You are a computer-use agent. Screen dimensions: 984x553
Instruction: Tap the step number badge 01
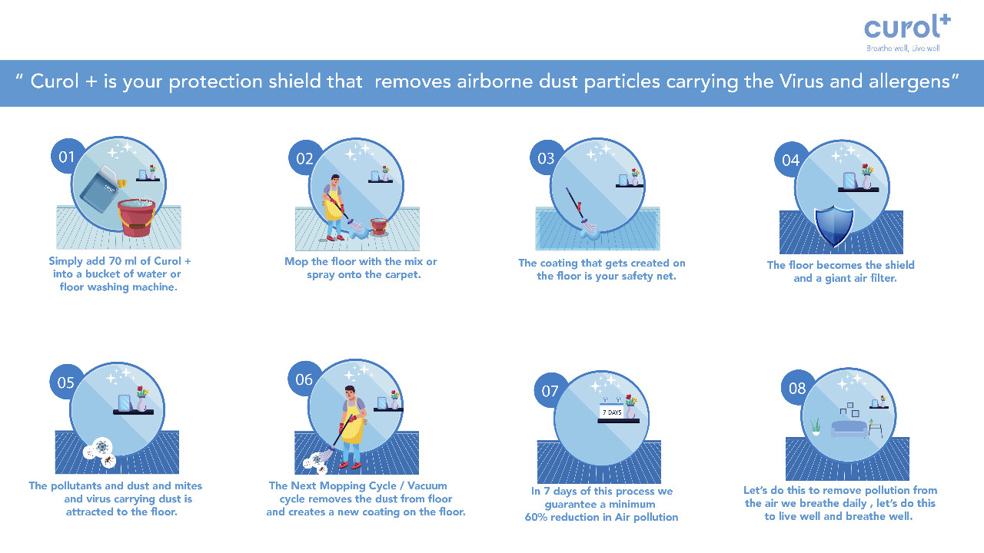[66, 156]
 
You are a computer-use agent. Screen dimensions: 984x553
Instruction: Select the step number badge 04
[790, 160]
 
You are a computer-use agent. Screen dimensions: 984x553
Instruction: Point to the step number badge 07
[550, 391]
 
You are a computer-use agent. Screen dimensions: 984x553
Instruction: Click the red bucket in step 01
[136, 217]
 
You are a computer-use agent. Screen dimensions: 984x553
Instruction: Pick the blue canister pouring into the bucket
[101, 188]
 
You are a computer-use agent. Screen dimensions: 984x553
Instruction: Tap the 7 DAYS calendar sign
[611, 411]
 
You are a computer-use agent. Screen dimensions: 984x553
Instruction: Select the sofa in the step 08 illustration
[849, 429]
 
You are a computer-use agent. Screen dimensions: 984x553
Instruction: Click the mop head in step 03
[589, 229]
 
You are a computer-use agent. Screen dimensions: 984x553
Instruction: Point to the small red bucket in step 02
[379, 226]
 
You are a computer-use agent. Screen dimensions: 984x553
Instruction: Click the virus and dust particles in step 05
[100, 453]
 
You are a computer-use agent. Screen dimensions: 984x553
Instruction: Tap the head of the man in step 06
[350, 392]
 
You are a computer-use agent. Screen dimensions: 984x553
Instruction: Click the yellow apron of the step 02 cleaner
[334, 204]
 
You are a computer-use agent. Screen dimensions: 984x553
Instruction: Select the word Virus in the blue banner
[801, 81]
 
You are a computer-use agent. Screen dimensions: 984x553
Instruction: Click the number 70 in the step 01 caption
[115, 261]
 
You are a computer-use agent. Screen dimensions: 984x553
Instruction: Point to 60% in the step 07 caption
[536, 517]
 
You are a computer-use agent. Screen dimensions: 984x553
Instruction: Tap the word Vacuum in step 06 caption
[427, 485]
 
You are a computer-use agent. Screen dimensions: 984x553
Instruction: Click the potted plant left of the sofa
[816, 426]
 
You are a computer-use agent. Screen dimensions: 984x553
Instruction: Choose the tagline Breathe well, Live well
[903, 48]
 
